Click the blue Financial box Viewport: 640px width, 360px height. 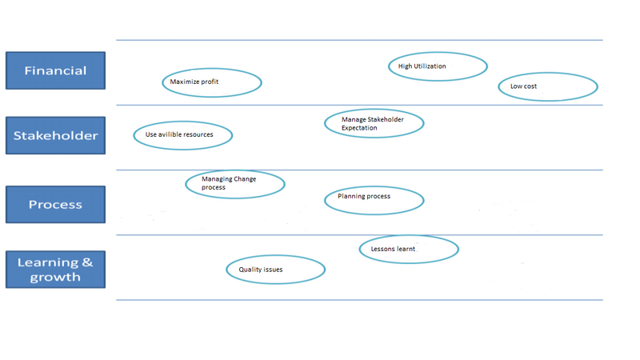[x=55, y=70]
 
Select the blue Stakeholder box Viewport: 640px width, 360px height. [x=55, y=135]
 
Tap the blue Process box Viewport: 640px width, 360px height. [x=55, y=205]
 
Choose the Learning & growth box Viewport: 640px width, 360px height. [x=55, y=270]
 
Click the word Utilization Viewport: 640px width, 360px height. [x=430, y=66]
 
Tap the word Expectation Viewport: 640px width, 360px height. [x=359, y=128]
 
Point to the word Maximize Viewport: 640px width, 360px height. [x=183, y=82]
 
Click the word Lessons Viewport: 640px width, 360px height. [x=383, y=249]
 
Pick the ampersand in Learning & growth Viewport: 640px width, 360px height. [x=87, y=262]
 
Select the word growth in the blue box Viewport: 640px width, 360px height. [x=55, y=278]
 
